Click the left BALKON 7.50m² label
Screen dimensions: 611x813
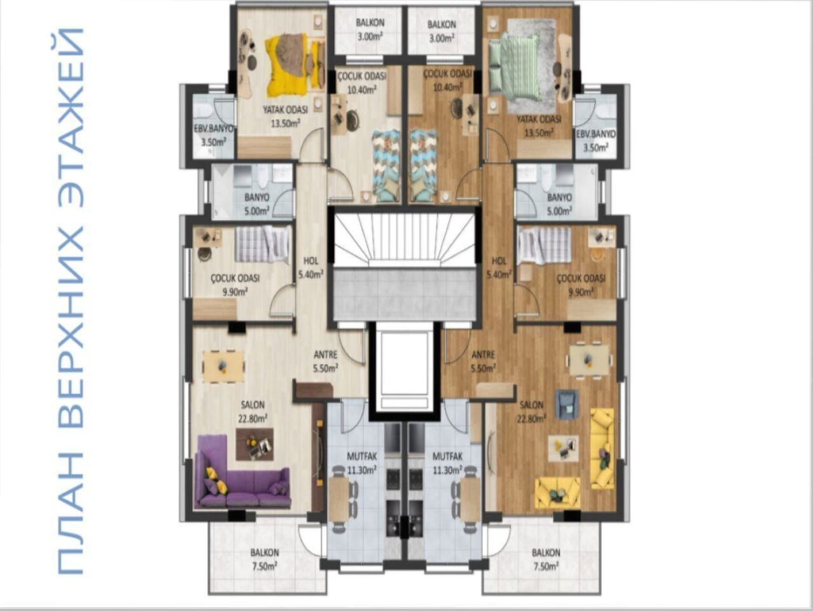click(x=264, y=559)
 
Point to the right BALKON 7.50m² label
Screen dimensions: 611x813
click(x=546, y=559)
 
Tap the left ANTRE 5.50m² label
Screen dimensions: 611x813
click(x=325, y=361)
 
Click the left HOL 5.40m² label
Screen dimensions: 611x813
click(x=310, y=267)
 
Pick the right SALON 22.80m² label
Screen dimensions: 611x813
click(x=532, y=411)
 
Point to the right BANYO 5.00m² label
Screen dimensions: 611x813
click(x=559, y=204)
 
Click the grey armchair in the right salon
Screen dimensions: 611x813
click(x=566, y=404)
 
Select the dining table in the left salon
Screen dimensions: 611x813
click(x=223, y=366)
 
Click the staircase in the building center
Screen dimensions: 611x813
click(x=405, y=241)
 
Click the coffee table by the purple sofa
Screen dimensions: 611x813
click(x=255, y=444)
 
